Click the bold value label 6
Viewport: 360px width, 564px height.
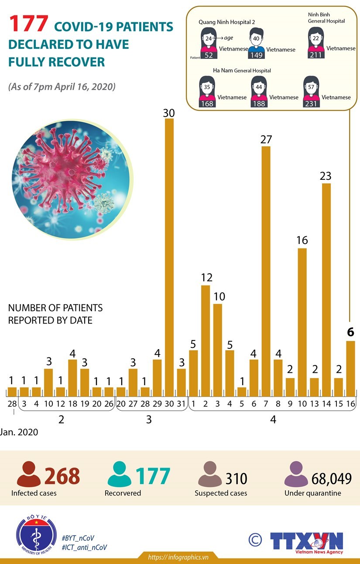[x=350, y=332]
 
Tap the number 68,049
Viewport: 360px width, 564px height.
[x=331, y=479]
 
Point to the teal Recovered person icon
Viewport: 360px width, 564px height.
[x=118, y=475]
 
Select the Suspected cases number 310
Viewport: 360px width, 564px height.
[x=236, y=479]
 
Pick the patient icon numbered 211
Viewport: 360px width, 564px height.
[x=315, y=43]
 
